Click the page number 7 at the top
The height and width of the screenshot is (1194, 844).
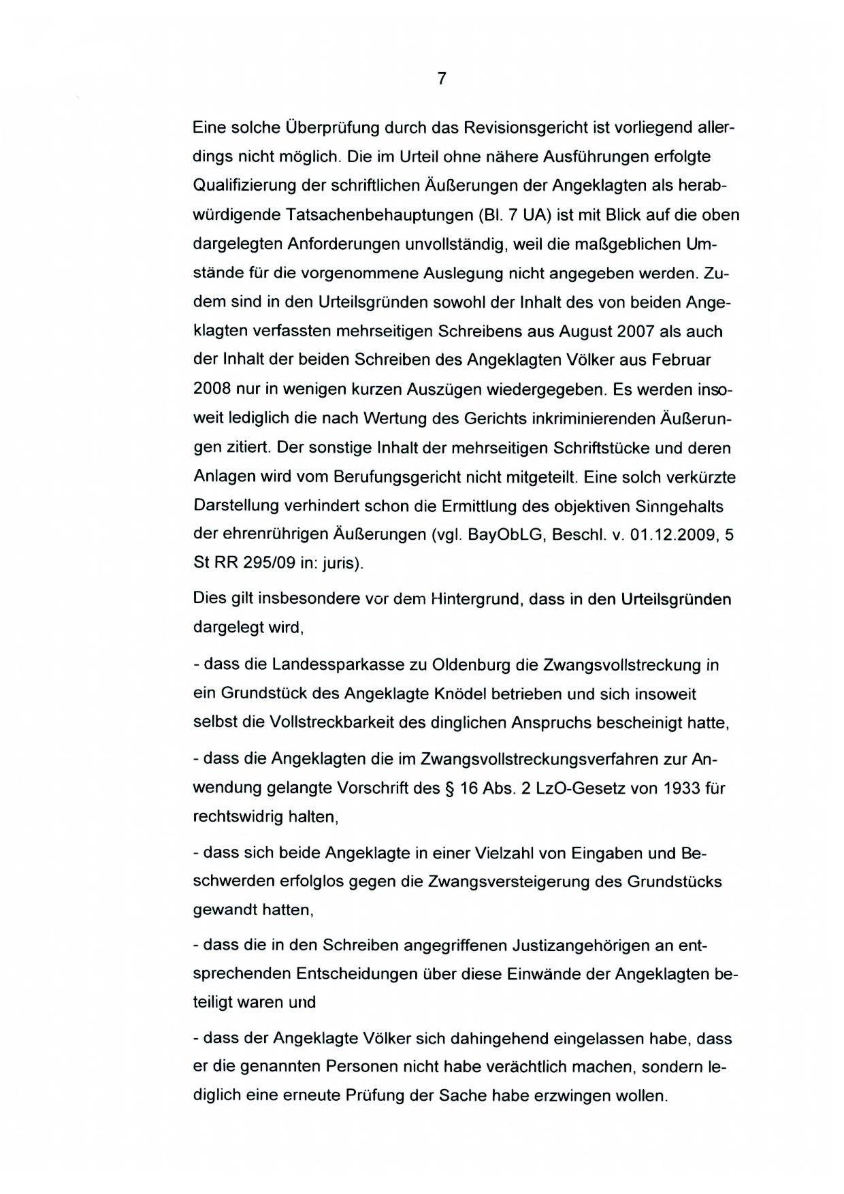(x=441, y=79)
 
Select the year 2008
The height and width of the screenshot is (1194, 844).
(x=212, y=390)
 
